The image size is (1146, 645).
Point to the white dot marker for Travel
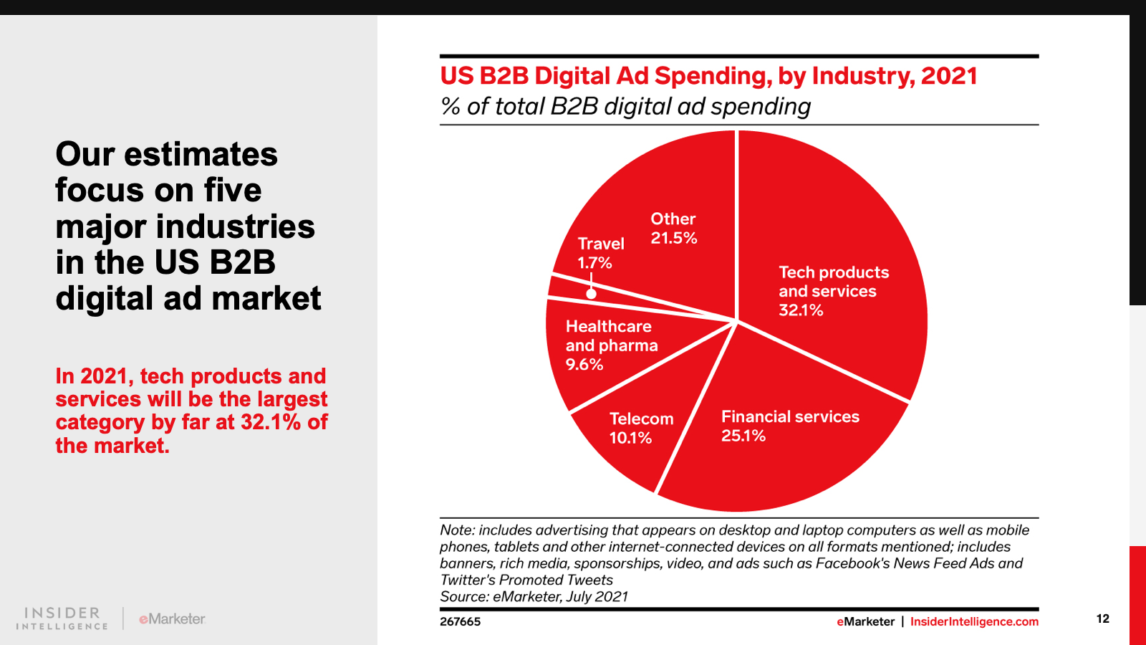591,293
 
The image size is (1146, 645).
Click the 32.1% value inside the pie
801,310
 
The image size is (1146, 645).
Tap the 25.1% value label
743,436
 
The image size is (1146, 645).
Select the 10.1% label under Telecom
630,438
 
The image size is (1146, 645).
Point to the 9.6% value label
584,364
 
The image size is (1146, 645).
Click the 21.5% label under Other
673,238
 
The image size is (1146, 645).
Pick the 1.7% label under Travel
594,263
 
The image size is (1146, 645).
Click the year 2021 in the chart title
949,76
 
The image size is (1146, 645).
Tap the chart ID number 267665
460,621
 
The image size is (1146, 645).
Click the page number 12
1102,618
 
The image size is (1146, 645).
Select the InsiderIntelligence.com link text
974,621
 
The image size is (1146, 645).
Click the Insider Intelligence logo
62,618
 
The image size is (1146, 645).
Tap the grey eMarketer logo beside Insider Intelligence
172,618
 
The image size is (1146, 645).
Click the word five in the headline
233,190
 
